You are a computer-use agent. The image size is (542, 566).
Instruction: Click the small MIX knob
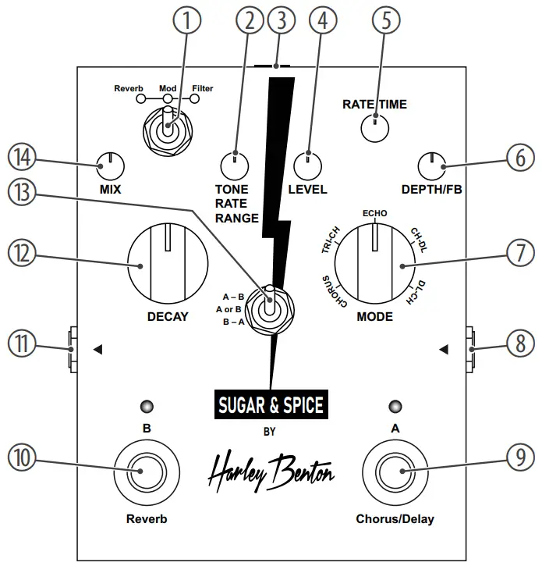point(110,164)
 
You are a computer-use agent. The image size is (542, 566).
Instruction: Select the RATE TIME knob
point(375,126)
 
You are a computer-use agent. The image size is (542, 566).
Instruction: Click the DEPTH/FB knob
point(430,165)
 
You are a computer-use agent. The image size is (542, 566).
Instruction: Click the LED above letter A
point(396,407)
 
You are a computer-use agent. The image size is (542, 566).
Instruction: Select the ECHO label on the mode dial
point(374,212)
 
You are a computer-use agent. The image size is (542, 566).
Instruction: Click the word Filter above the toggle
point(202,89)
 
